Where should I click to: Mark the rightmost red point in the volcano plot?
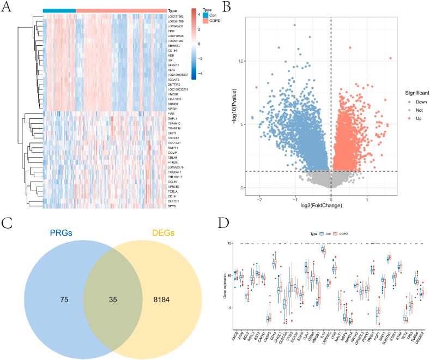click(390, 58)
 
